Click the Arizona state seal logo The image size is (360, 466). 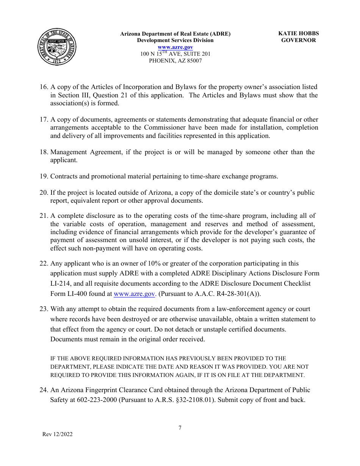click(57, 47)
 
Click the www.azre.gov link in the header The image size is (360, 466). click(175, 47)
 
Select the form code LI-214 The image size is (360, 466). click(61, 283)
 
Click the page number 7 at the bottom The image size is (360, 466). click(180, 428)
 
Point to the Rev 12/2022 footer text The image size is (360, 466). click(57, 434)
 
